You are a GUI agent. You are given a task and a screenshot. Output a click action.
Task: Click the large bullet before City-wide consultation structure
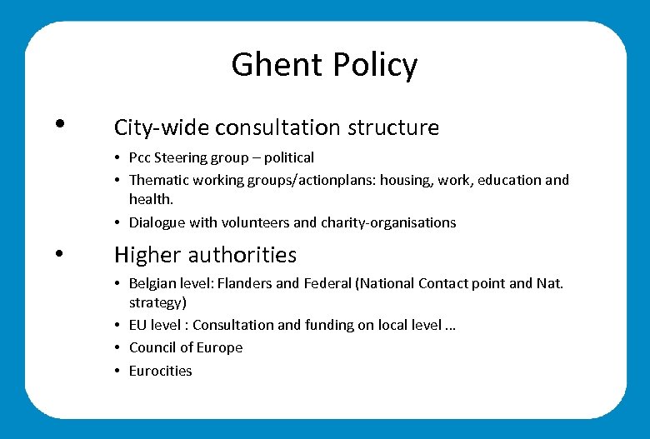[59, 124]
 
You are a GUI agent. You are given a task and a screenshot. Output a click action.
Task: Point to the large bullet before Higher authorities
[59, 253]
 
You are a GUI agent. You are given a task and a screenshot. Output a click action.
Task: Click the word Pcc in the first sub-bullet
[140, 157]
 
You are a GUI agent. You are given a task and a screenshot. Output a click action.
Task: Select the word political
[289, 157]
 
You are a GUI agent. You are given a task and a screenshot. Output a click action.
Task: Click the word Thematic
[159, 180]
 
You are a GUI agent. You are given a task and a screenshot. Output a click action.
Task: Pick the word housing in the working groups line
[404, 180]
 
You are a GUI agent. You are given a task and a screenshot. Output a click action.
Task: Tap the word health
[149, 200]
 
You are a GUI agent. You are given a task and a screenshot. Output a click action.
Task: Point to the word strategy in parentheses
[156, 302]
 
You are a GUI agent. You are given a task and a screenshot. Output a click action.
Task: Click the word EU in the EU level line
[137, 325]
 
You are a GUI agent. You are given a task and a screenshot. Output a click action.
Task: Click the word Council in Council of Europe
[153, 347]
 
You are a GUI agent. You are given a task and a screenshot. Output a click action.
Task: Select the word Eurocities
[160, 371]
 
